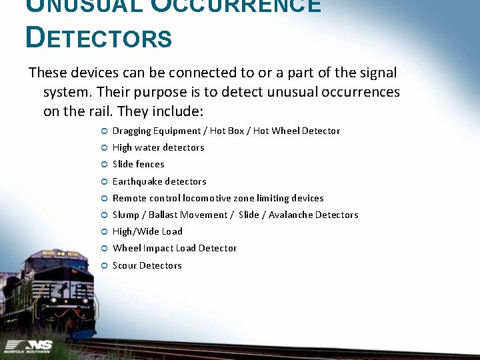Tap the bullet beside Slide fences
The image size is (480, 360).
[104, 165]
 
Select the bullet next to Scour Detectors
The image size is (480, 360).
[104, 266]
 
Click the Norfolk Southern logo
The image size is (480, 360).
[26, 345]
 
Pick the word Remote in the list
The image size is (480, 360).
[129, 198]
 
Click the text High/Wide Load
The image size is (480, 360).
[147, 231]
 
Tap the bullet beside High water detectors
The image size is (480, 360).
[104, 148]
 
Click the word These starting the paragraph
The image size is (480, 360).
[49, 72]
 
